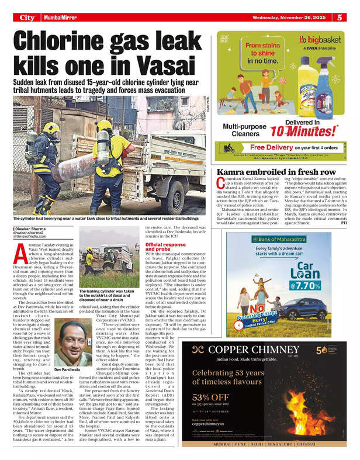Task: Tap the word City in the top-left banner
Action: (x=27, y=18)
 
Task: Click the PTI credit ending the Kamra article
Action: (x=344, y=223)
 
